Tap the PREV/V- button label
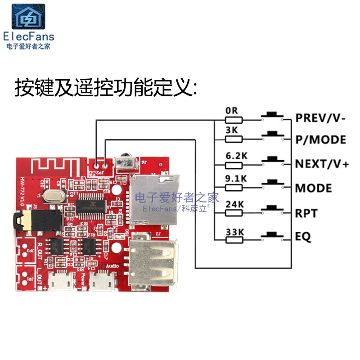point(320,118)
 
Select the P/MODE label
point(320,139)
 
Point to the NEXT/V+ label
point(322,163)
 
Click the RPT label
point(306,212)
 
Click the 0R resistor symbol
point(234,120)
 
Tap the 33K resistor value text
point(234,232)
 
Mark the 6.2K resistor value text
point(236,156)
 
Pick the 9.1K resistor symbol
point(234,188)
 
